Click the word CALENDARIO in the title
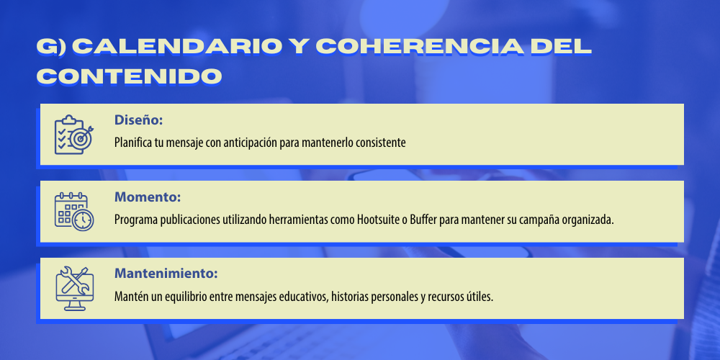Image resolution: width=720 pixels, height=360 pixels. pyautogui.click(x=177, y=46)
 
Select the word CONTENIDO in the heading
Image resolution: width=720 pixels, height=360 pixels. pyautogui.click(x=129, y=76)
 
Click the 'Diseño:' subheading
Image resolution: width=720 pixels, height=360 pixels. pyautogui.click(x=139, y=120)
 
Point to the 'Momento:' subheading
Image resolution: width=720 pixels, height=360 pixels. pyautogui.click(x=148, y=197)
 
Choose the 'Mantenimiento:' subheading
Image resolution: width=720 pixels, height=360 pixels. pyautogui.click(x=166, y=274)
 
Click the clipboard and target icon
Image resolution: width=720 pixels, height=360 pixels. pyautogui.click(x=74, y=135)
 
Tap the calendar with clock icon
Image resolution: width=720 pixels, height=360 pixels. pyautogui.click(x=74, y=212)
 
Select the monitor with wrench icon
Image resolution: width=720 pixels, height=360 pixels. pyautogui.click(x=74, y=289)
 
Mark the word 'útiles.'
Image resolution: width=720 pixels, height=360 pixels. pyautogui.click(x=480, y=297)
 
